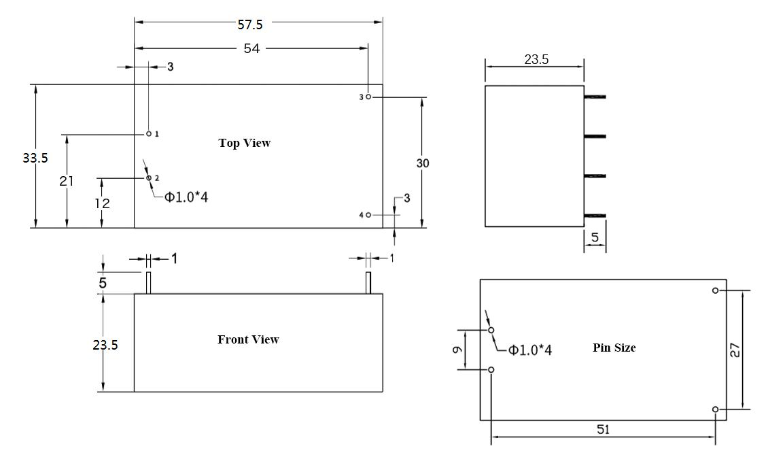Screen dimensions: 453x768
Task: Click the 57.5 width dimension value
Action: click(250, 24)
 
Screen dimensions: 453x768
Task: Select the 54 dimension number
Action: click(251, 49)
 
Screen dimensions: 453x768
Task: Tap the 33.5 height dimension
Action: click(35, 158)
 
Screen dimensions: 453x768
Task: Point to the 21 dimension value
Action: click(67, 181)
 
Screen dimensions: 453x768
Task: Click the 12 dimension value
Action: click(101, 203)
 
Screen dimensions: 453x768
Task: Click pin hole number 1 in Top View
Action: click(149, 134)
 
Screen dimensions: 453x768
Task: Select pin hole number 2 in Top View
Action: click(149, 178)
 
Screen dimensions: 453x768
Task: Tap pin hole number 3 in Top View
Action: click(368, 97)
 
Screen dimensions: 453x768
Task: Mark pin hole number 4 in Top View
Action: click(368, 215)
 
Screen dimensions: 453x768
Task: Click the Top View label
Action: click(244, 143)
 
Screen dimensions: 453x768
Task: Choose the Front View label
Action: click(248, 339)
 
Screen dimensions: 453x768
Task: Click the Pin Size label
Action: click(614, 348)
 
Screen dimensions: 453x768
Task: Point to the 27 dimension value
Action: click(737, 350)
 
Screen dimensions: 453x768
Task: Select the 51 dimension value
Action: click(603, 429)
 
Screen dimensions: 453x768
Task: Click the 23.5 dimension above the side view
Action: click(536, 59)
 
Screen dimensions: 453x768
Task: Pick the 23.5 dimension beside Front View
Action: click(105, 345)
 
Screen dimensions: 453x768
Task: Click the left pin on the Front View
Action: click(148, 282)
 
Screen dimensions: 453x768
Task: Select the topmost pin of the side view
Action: click(595, 97)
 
